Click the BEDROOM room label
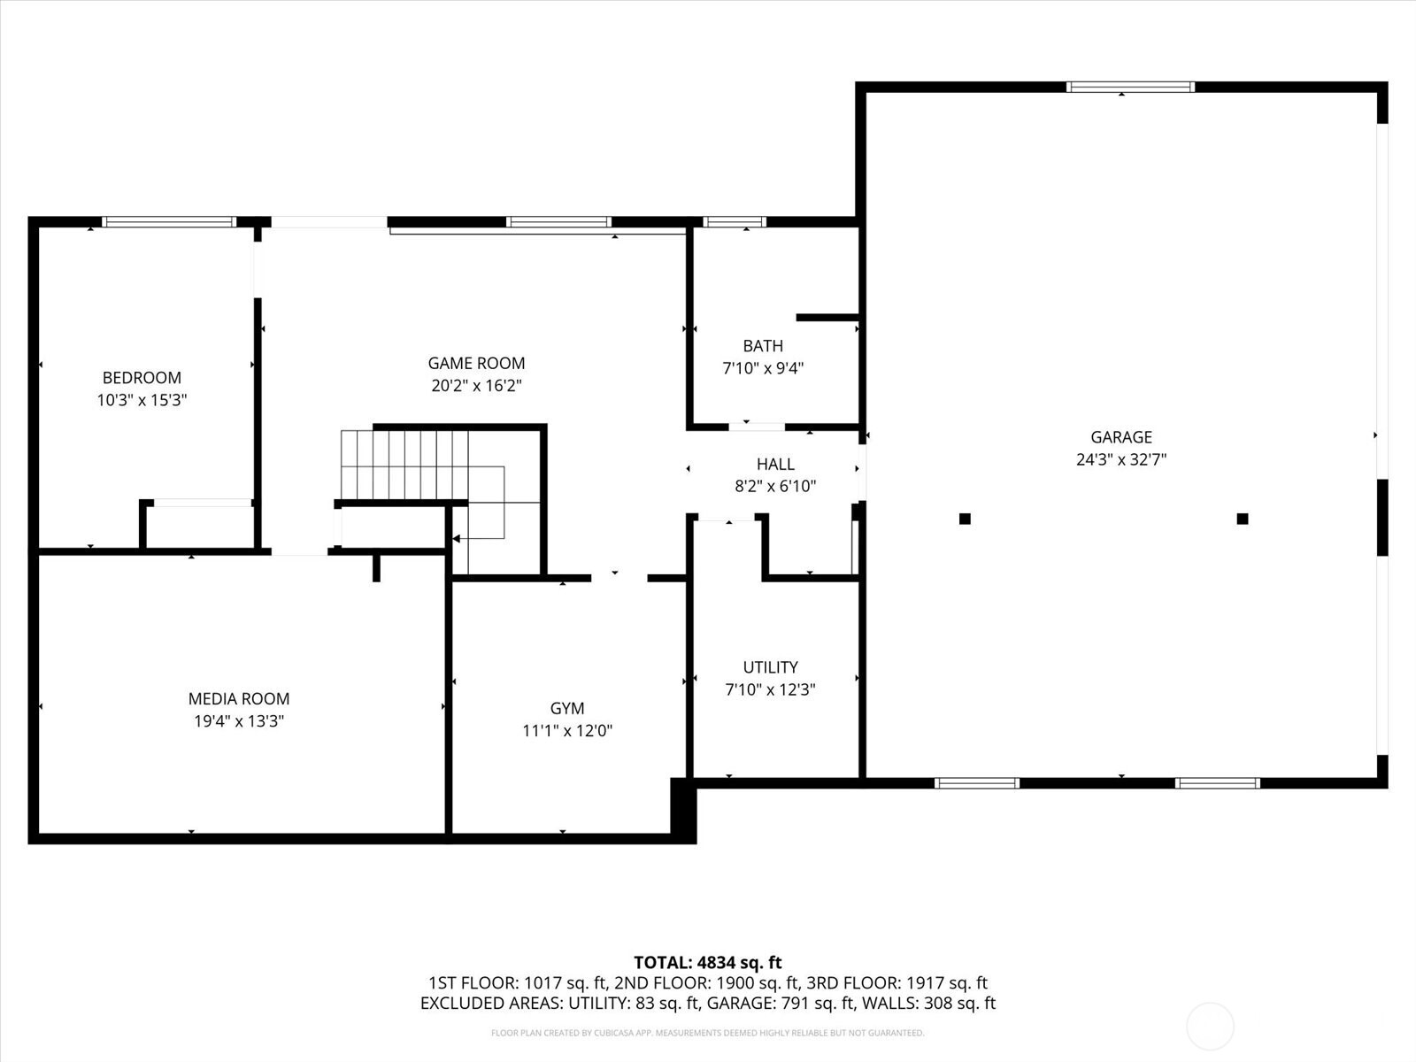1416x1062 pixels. [x=142, y=378]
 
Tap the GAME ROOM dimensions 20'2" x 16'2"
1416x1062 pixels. [x=476, y=386]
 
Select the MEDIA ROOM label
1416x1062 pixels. [x=239, y=699]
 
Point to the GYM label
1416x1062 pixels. [x=567, y=708]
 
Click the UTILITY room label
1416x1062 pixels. [x=770, y=667]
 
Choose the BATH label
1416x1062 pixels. [x=763, y=346]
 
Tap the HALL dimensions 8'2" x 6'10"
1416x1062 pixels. [x=775, y=486]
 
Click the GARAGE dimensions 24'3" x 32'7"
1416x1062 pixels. [x=1121, y=459]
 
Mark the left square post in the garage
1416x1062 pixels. [x=965, y=519]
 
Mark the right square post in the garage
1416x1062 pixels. [x=1243, y=519]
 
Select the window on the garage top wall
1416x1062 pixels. [x=1130, y=87]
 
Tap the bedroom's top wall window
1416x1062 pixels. [x=169, y=221]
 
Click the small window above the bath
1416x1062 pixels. [x=735, y=221]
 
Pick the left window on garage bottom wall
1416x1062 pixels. [x=977, y=782]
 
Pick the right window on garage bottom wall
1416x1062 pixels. [x=1217, y=782]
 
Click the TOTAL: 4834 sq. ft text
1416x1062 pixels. [x=707, y=962]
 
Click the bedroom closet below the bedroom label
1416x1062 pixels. [x=200, y=527]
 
